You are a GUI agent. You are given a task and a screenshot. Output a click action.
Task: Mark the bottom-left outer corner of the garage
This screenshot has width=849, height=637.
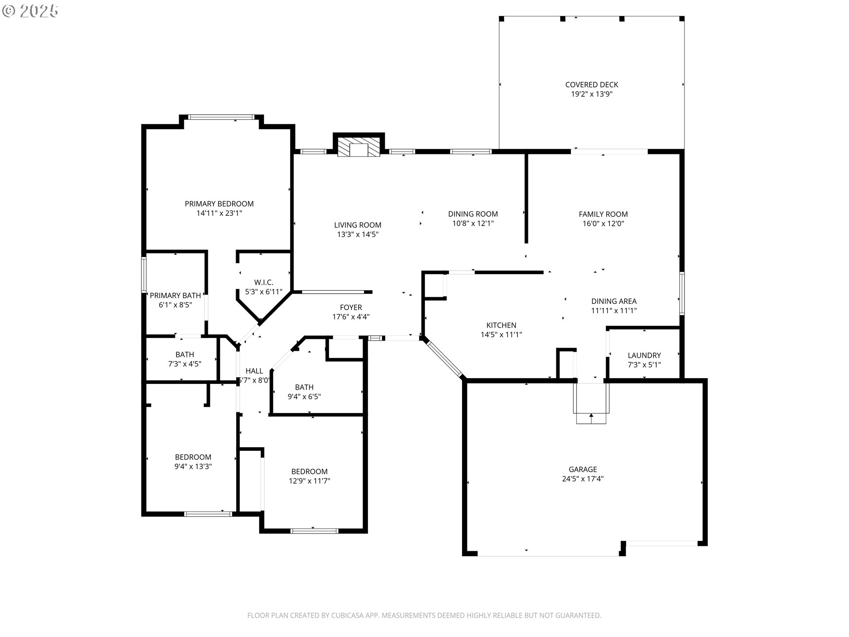463,555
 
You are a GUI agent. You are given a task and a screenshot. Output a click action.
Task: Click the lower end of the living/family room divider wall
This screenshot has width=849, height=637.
526,242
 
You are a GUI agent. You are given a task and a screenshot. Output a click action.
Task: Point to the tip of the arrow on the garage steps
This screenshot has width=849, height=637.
591,414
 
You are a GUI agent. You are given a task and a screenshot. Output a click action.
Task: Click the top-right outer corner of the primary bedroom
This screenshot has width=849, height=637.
294,125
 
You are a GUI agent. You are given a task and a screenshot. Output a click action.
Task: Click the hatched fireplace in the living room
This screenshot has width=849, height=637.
359,147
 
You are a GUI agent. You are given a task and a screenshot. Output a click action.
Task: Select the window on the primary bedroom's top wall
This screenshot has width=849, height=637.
221,117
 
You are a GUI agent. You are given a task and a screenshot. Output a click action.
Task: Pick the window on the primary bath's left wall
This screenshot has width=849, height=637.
144,274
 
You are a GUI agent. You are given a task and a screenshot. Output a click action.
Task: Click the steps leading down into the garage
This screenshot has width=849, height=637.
591,403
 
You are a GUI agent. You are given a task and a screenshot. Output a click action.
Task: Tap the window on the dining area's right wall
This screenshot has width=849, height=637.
682,293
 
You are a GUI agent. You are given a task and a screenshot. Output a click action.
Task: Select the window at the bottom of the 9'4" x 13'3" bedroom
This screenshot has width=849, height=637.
208,514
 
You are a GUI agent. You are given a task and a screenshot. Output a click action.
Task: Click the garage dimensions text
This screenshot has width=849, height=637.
583,479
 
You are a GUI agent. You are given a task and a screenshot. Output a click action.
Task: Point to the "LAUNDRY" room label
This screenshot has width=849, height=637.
644,355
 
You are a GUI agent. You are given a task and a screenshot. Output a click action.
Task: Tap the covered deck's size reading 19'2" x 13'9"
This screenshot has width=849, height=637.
592,94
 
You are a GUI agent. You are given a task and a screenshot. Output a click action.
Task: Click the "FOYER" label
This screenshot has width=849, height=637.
351,307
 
